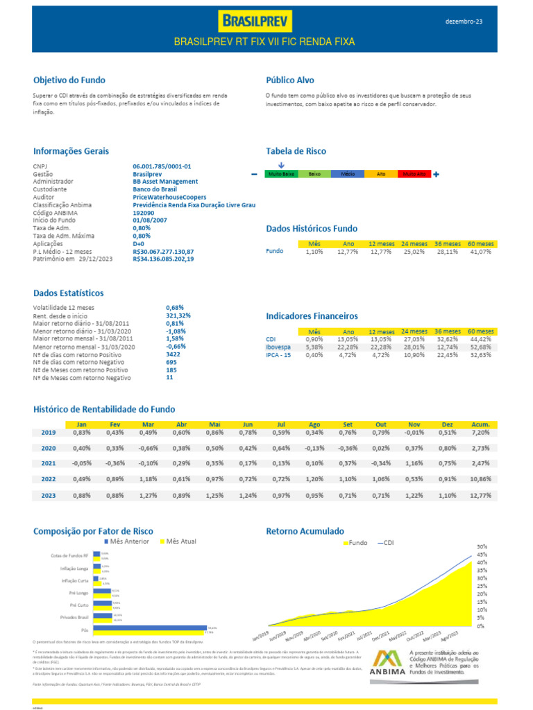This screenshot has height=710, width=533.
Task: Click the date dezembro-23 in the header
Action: pos(464,21)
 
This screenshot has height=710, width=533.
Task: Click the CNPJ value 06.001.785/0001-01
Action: pos(162,166)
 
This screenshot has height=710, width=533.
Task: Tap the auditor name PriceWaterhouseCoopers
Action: pos(169,197)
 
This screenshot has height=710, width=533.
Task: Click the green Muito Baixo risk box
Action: pos(281,175)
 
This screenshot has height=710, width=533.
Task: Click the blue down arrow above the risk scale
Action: pos(281,165)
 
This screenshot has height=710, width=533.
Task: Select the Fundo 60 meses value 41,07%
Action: pos(480,252)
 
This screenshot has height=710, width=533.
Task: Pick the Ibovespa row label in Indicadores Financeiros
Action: pos(278,347)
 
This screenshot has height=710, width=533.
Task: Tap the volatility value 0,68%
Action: pos(175,306)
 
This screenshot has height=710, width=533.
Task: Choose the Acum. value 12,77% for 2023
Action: pos(480,496)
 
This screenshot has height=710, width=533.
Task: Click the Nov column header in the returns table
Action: pos(414,424)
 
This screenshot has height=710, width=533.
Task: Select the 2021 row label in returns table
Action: pos(49,463)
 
